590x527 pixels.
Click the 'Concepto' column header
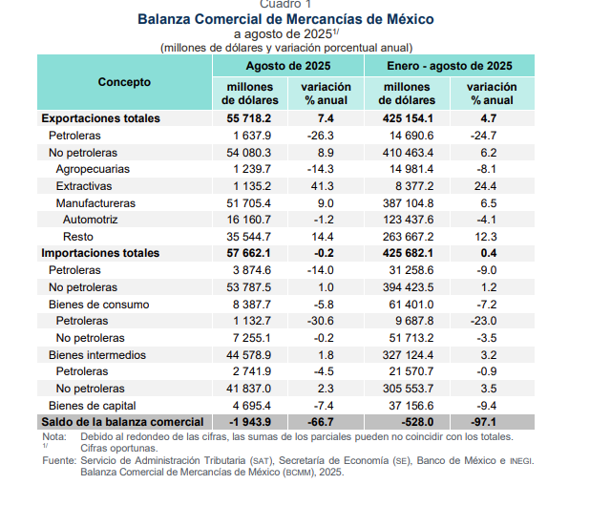tap(124, 82)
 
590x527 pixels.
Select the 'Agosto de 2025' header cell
tap(288, 66)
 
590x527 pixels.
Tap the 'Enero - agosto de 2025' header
tap(450, 66)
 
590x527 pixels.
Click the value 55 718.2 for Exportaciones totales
tap(249, 118)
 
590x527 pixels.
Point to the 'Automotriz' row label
tap(91, 220)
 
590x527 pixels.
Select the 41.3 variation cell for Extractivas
tap(322, 186)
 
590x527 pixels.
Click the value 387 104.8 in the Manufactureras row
tap(409, 203)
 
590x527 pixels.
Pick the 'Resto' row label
tap(78, 237)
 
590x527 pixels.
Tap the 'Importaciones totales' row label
tap(100, 253)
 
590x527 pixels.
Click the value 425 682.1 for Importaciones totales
tap(408, 253)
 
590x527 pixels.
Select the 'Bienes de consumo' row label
tap(99, 305)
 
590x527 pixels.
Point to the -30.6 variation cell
tap(320, 321)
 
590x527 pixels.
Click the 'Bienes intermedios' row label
tap(97, 355)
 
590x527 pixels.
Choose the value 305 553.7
tap(409, 389)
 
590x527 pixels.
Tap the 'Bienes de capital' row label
tap(93, 406)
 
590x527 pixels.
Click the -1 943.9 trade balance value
tap(250, 422)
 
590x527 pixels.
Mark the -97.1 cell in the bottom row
tap(483, 422)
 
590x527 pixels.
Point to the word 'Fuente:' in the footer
tap(59, 461)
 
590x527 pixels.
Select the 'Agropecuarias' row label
tap(93, 169)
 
